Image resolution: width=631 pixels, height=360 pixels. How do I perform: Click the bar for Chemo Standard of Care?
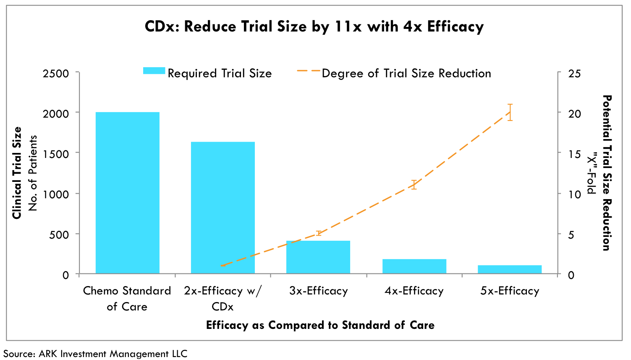[127, 193]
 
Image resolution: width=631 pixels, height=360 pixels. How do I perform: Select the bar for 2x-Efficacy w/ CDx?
[223, 208]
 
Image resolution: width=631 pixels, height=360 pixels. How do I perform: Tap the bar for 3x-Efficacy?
[318, 257]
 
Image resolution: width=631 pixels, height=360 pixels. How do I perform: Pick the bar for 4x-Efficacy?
[414, 266]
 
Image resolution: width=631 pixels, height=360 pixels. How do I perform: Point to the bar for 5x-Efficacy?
[510, 269]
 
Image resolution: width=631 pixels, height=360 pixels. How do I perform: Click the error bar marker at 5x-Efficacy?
[510, 112]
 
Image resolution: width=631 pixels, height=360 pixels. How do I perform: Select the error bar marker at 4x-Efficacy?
[414, 185]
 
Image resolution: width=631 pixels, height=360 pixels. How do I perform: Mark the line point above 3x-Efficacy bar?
[318, 233]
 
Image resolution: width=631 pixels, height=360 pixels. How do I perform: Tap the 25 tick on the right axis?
[574, 74]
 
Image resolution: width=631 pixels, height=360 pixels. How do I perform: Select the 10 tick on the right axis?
[574, 194]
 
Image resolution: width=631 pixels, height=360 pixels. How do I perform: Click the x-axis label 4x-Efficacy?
[414, 291]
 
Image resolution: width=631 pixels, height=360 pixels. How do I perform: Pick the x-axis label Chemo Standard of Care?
[127, 298]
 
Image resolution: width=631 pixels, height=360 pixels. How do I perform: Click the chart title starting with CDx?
[314, 26]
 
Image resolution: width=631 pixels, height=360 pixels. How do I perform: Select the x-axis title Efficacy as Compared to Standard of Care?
[320, 325]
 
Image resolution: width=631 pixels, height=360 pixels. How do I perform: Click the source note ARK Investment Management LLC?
[95, 354]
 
